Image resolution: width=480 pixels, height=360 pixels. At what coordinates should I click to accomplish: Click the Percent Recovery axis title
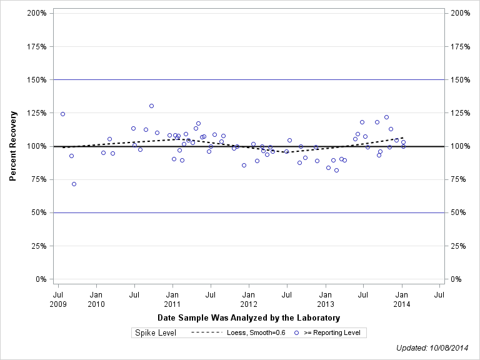(12, 146)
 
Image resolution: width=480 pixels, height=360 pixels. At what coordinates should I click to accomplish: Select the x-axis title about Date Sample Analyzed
(249, 318)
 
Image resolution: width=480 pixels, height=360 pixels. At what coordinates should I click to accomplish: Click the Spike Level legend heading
(156, 333)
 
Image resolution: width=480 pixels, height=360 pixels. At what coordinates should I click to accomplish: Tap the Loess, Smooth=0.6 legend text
(256, 333)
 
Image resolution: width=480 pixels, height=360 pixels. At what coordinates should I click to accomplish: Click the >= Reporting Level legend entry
(332, 333)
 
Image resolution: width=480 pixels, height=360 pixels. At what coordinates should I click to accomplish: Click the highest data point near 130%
(151, 106)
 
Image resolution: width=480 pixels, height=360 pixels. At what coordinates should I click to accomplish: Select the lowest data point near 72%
(74, 184)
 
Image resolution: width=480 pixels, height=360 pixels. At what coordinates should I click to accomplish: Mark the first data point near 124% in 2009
(62, 114)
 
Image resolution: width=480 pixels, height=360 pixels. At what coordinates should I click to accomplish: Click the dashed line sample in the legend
(206, 333)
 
